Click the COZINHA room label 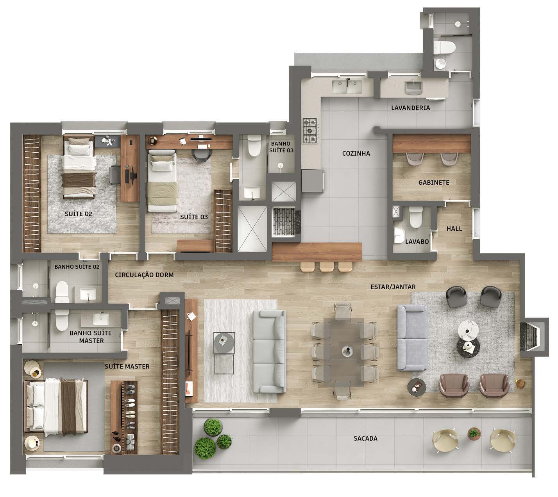click(356, 153)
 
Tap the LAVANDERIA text click(410, 108)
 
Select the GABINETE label click(433, 182)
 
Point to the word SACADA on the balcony click(365, 438)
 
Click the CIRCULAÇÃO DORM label click(144, 275)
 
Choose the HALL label click(454, 228)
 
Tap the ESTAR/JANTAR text click(393, 287)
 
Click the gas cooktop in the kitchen click(311, 131)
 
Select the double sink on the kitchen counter click(347, 87)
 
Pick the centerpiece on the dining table click(346, 351)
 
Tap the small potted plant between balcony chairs click(474, 433)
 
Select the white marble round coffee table click(469, 329)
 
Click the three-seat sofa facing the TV click(269, 351)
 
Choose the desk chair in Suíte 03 click(201, 155)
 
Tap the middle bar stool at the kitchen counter click(326, 266)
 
